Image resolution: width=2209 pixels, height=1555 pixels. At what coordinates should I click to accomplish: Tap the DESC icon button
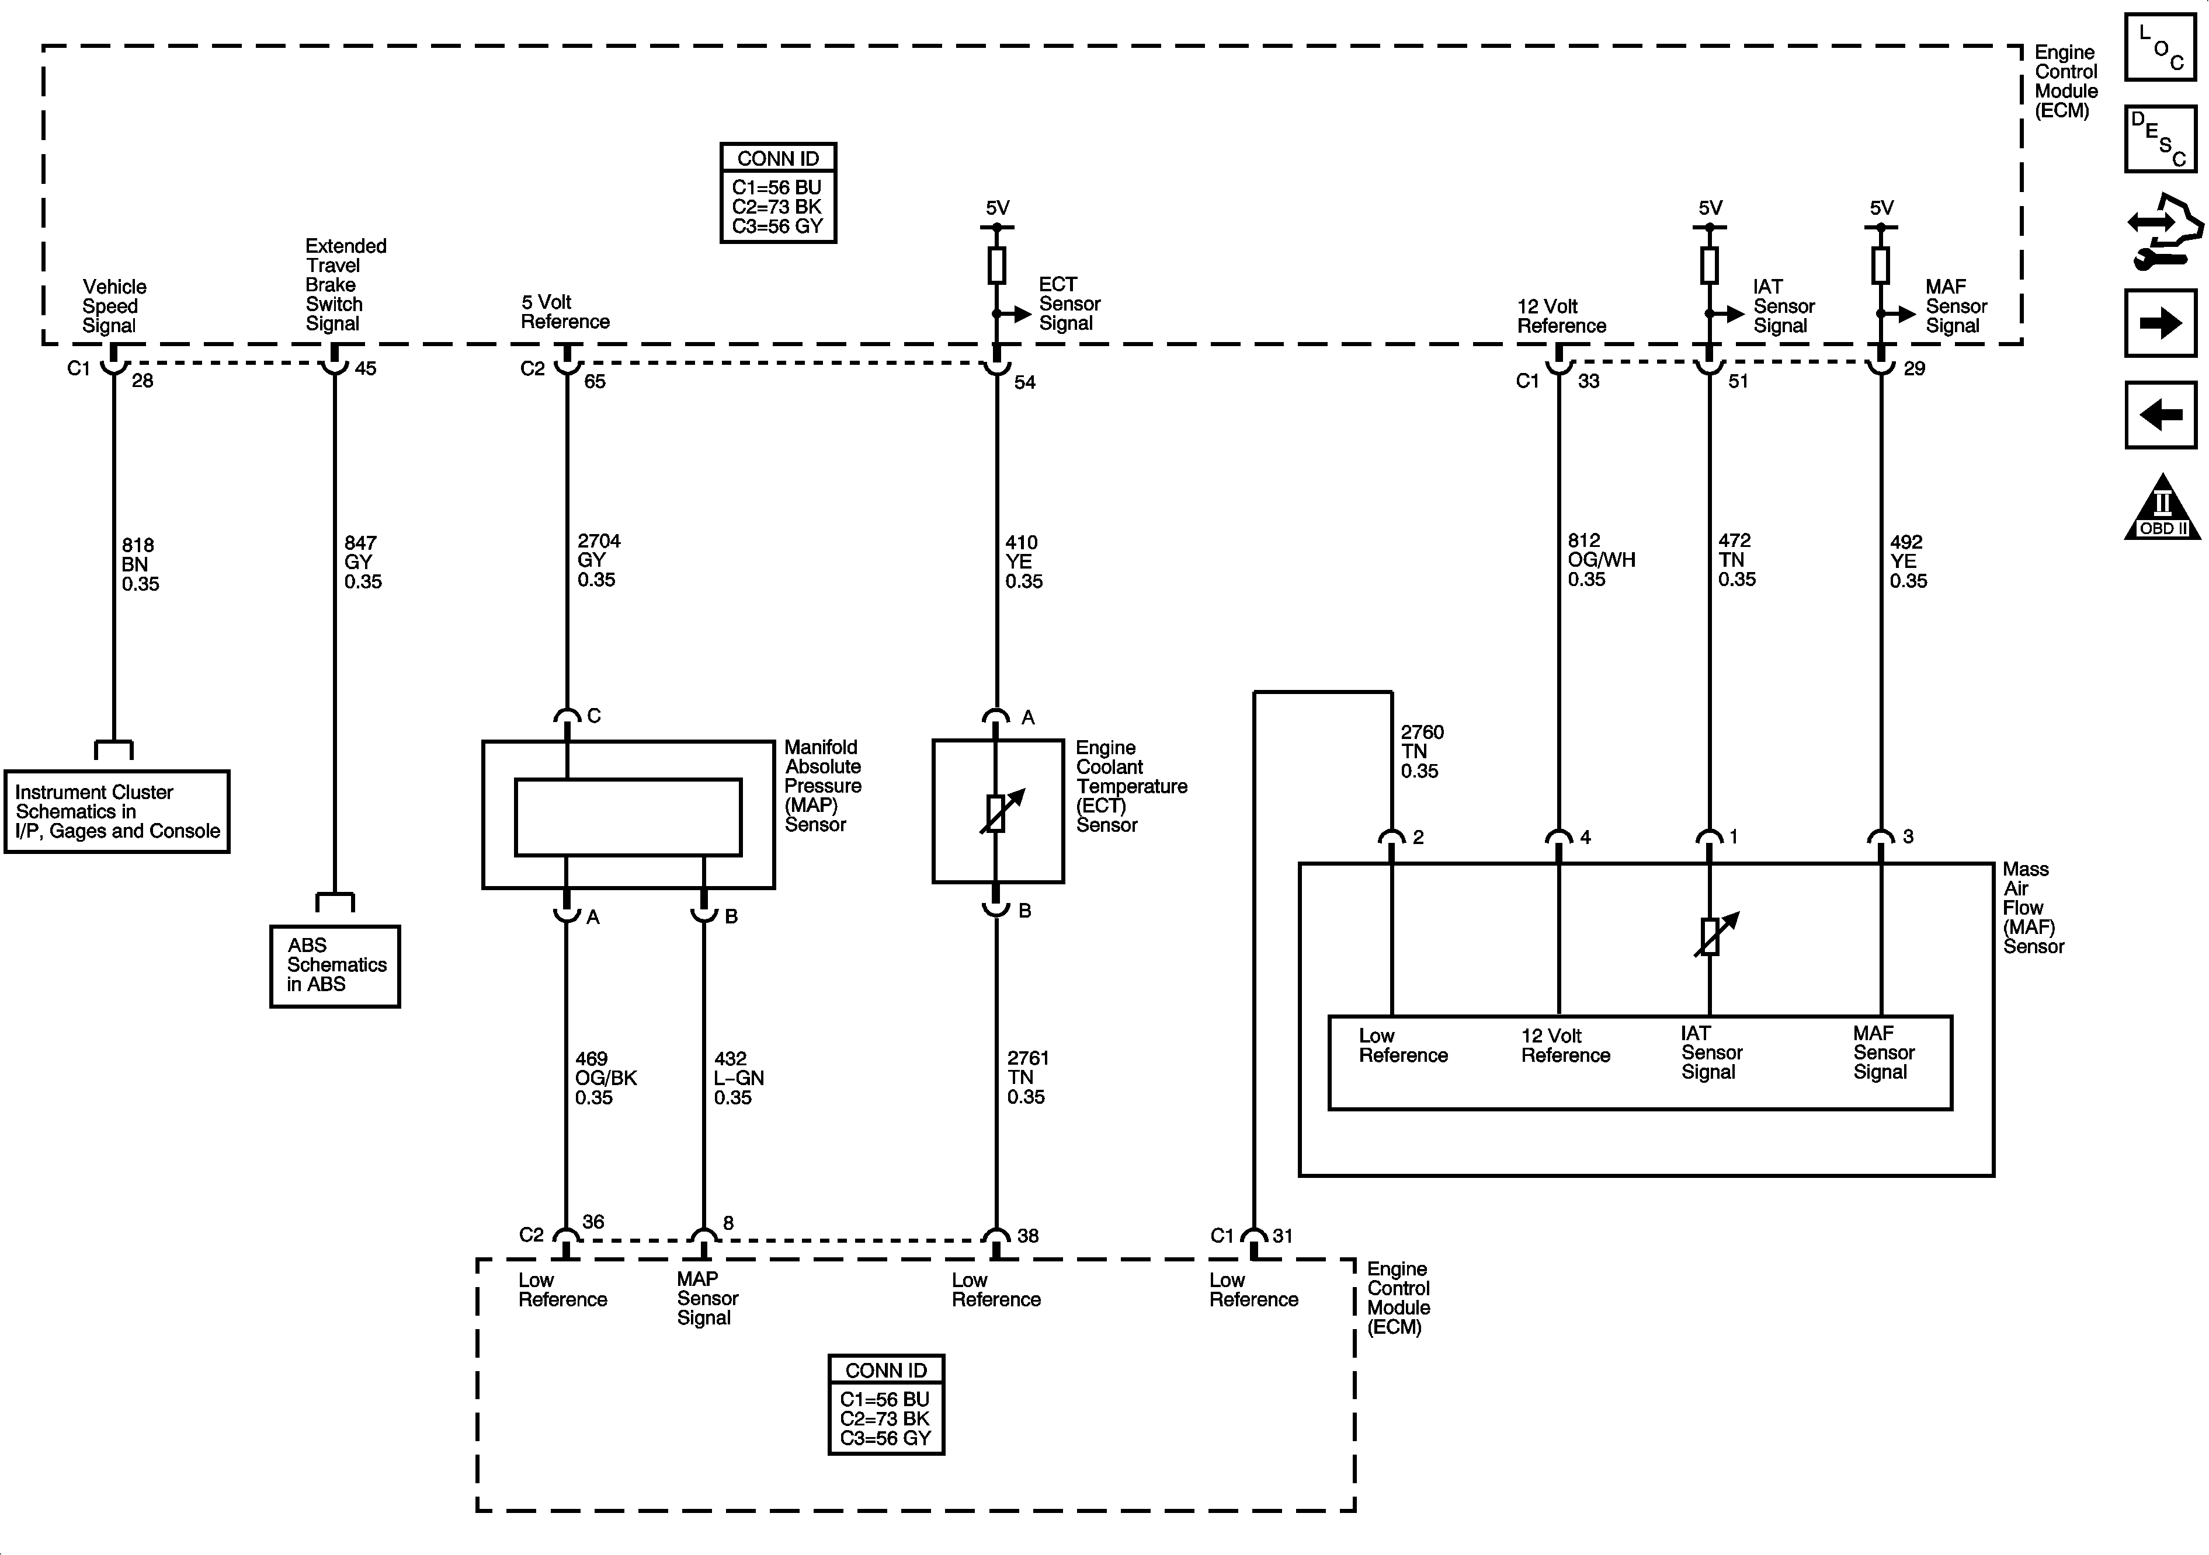pos(2160,138)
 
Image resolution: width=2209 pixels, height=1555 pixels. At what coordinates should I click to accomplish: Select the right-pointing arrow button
pos(2160,323)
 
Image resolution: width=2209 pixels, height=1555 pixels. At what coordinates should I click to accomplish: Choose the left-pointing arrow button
pos(2160,416)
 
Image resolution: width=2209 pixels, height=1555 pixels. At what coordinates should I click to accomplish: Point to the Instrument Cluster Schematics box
pos(116,811)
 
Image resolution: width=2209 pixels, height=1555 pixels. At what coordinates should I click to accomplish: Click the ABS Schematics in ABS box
pos(335,965)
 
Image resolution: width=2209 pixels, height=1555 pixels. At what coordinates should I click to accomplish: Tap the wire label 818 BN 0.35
pos(140,564)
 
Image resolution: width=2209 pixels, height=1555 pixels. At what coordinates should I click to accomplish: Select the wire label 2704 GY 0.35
pos(598,560)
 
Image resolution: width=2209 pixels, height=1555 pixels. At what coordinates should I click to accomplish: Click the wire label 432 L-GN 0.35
pos(738,1078)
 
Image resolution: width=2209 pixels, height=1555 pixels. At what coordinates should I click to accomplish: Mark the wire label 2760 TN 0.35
pos(1421,751)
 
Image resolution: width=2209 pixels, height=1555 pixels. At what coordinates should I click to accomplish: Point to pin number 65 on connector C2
pos(595,382)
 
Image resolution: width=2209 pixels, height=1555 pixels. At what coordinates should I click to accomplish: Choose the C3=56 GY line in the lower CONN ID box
pos(885,1439)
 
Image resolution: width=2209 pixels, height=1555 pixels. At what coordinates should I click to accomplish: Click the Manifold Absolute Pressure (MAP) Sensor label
pos(822,786)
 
